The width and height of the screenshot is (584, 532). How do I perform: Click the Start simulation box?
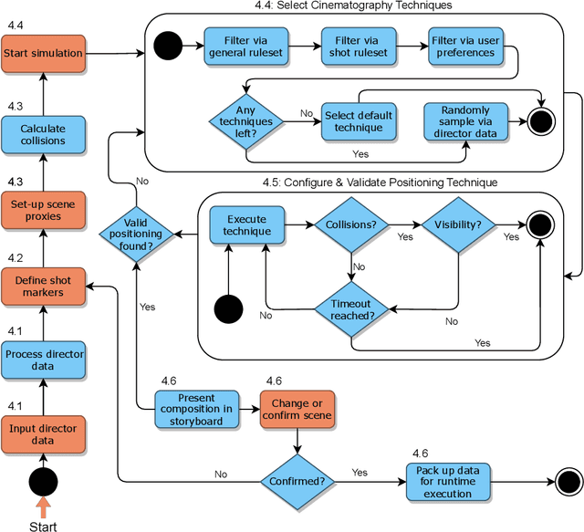[43, 54]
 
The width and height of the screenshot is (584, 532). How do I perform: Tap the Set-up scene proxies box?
[43, 211]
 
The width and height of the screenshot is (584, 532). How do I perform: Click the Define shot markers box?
[43, 287]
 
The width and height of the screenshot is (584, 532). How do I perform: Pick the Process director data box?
[43, 360]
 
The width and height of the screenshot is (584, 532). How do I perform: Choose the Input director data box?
[43, 434]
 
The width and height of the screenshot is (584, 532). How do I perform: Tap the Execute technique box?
[246, 225]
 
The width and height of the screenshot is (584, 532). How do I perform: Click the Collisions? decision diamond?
[352, 225]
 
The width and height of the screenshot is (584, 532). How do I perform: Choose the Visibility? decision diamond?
[456, 225]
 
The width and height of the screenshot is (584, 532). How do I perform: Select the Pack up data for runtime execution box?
[446, 481]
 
